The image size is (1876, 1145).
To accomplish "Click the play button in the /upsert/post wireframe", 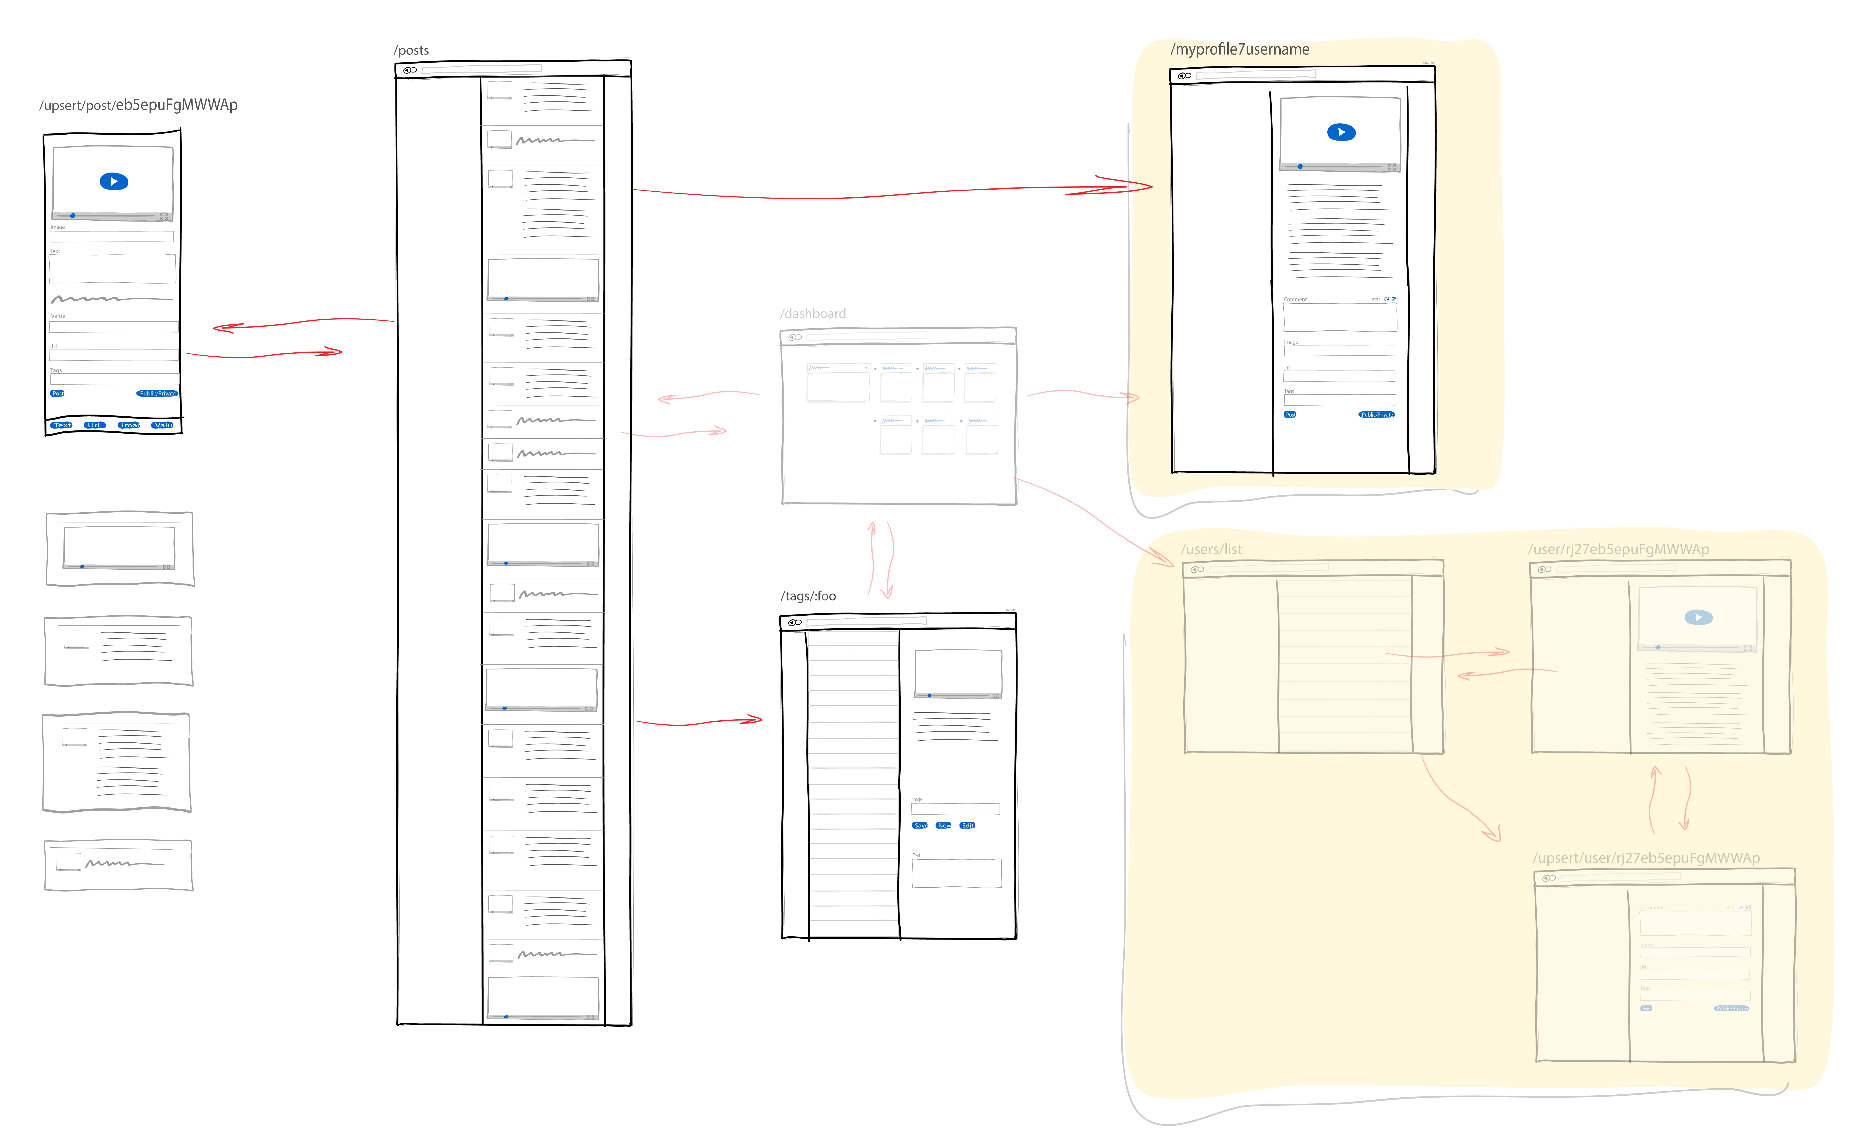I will [x=114, y=181].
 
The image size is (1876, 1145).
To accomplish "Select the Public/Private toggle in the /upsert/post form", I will [x=158, y=394].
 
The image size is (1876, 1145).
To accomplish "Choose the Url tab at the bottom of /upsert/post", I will [x=94, y=425].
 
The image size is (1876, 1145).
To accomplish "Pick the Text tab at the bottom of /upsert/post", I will [x=62, y=425].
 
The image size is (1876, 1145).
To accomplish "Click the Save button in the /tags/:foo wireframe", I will [x=920, y=825].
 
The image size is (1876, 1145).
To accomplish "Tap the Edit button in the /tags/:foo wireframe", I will [x=968, y=825].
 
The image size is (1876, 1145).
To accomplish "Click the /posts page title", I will [x=411, y=50].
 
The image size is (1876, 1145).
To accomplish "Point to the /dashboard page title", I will [x=813, y=314].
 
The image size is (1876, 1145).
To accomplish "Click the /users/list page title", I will [x=1211, y=549].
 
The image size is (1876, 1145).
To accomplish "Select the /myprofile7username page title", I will [x=1239, y=49].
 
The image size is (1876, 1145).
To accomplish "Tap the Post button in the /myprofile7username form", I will [x=1291, y=415].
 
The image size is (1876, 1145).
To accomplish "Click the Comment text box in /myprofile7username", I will [x=1340, y=317].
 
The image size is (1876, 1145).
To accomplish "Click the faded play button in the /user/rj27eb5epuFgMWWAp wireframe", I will [x=1699, y=617].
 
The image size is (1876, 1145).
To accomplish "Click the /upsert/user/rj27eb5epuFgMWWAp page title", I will [x=1646, y=858].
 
